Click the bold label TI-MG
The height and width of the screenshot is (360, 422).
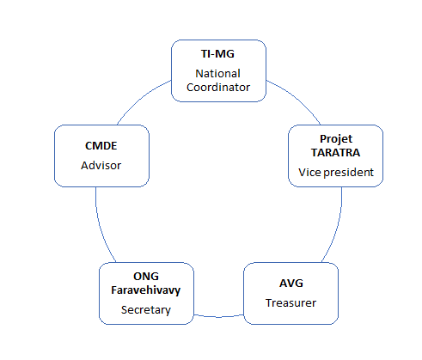217,54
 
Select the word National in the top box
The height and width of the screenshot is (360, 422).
217,74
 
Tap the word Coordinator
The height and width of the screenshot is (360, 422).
218,88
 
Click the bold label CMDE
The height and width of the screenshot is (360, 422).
101,146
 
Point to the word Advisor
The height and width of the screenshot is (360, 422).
101,166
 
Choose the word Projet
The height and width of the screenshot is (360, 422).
336,139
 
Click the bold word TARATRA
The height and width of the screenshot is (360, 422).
336,153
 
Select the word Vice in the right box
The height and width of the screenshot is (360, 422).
309,173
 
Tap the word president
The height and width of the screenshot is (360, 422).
349,173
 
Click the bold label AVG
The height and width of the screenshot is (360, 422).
291,284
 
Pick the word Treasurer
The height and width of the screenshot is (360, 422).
291,303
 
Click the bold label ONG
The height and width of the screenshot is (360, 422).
146,277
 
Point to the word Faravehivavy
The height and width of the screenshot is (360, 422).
146,290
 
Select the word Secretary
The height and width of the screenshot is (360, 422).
146,310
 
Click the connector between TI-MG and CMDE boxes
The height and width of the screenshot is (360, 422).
141,98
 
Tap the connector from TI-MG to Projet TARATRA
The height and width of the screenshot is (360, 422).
297,98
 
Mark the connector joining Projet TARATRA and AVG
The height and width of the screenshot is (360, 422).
337,227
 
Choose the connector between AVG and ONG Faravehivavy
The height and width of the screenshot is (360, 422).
218,317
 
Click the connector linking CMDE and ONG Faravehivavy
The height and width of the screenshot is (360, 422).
101,226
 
